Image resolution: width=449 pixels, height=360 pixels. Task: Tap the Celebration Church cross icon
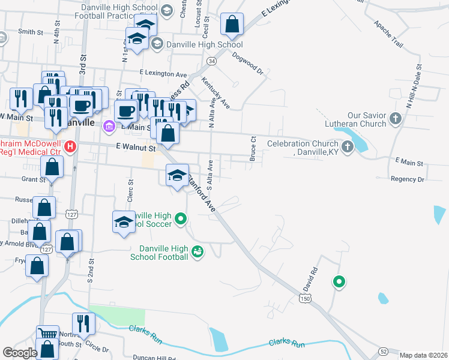coord(347,146)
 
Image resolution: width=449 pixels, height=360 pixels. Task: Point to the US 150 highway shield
coord(306,298)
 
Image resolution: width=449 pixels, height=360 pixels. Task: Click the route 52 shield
coord(382,351)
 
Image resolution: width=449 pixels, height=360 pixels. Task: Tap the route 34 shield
coord(211,61)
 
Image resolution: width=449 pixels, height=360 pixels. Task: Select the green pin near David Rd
coord(339,281)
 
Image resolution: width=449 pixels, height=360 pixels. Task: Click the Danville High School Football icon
coord(197,253)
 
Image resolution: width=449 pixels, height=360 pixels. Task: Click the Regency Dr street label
coord(407,179)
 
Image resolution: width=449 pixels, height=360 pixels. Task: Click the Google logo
coord(20,353)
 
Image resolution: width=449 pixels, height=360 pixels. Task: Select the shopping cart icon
coord(47,334)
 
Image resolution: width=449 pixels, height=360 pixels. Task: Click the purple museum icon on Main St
coord(109,126)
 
